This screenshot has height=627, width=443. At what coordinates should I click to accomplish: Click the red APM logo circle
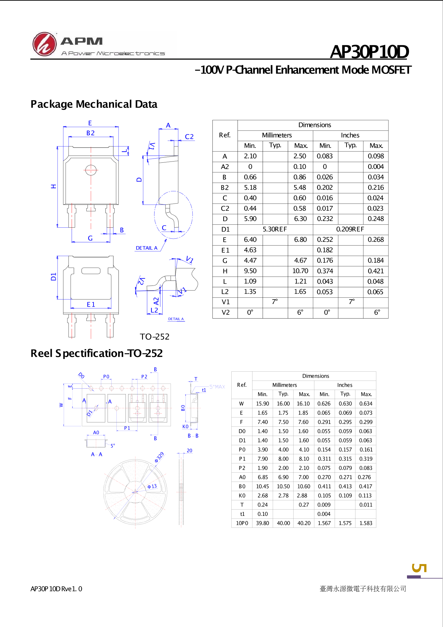tap(44, 44)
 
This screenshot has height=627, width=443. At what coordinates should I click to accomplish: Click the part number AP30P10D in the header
tap(369, 52)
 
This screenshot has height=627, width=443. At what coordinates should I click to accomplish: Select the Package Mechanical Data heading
tap(94, 104)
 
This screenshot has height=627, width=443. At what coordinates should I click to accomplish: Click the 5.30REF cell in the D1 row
tap(275, 229)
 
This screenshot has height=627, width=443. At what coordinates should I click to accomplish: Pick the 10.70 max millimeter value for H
tap(300, 271)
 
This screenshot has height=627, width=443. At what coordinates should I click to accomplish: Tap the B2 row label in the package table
tap(225, 188)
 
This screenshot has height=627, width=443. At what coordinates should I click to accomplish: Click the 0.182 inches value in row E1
tap(325, 250)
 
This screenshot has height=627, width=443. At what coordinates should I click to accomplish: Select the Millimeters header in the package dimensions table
tap(277, 135)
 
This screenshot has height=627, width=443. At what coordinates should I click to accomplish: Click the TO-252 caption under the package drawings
tap(155, 337)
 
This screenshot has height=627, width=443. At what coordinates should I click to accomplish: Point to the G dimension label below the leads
tap(90, 238)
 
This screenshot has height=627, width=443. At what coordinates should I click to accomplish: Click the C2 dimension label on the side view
tap(189, 137)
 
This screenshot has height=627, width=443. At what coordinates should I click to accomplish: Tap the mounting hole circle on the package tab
tap(91, 170)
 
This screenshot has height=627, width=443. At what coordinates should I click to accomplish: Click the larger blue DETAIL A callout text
tap(146, 248)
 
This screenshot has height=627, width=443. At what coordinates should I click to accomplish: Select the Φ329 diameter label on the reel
tap(159, 457)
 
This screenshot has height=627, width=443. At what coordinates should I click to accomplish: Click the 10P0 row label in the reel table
tap(242, 523)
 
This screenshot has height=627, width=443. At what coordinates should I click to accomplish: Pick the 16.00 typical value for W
tap(283, 403)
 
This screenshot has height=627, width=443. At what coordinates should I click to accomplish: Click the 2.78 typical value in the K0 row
tap(283, 496)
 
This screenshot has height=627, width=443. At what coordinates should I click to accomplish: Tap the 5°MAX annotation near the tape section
tap(217, 387)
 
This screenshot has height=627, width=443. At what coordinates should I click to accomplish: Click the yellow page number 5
tap(419, 568)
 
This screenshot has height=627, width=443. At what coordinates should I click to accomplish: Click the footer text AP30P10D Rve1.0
tap(56, 589)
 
